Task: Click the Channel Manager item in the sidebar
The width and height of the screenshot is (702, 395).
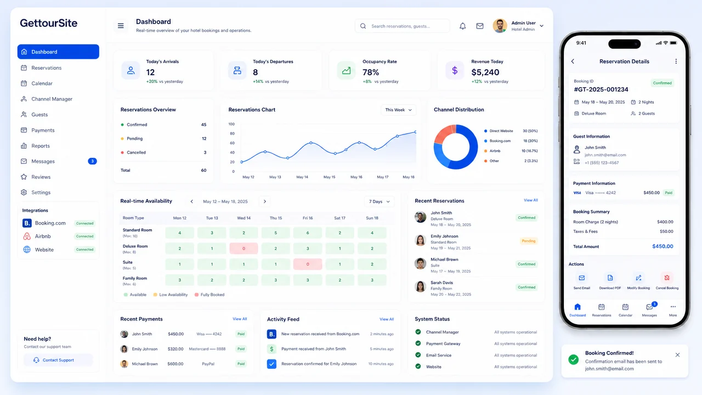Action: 52,99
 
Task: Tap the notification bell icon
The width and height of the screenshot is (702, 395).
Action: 462,26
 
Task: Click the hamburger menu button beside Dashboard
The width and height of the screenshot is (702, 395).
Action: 121,26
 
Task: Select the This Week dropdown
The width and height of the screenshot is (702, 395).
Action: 398,110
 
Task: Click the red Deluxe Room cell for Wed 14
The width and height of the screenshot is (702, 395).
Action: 244,249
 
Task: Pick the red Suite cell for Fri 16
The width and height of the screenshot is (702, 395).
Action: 308,264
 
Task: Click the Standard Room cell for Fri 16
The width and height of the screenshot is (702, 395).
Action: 308,233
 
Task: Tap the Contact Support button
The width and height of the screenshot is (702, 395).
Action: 58,360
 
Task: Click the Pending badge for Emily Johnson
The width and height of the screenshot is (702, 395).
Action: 528,241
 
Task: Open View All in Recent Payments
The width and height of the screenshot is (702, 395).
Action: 240,319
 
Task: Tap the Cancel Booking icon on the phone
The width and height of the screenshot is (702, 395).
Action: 667,278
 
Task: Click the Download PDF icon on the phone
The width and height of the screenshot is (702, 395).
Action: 610,278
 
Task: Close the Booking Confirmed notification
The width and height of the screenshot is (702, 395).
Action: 677,355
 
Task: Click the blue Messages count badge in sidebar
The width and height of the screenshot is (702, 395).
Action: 92,161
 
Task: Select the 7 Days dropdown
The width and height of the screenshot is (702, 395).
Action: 379,201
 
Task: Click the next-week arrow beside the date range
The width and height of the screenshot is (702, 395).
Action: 265,201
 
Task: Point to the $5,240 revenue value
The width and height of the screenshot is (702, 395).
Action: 485,72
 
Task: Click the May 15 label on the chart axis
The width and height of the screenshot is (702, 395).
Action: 330,177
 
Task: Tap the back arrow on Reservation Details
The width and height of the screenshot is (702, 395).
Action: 573,61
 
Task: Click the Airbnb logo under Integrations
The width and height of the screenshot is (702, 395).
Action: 27,236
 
